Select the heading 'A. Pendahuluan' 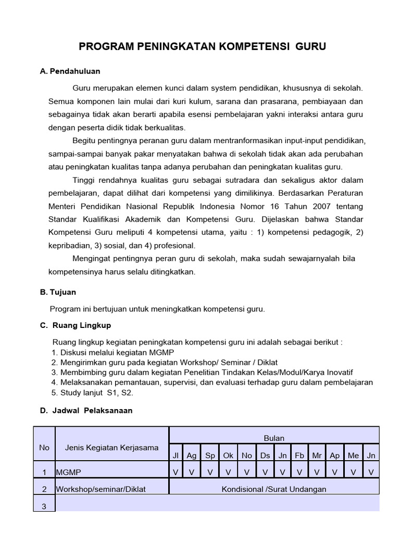tap(70, 71)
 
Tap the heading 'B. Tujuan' tap(58, 292)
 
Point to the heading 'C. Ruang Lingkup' tap(76, 325)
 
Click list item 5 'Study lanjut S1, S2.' tap(93, 393)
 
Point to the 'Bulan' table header tap(274, 438)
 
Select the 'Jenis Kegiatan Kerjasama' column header tap(112, 448)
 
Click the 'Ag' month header tap(192, 455)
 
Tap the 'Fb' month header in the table tap(299, 455)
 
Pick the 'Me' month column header tap(353, 455)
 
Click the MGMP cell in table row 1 tap(69, 472)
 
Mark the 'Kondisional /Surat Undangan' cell tap(274, 489)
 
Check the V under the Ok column tap(229, 472)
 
